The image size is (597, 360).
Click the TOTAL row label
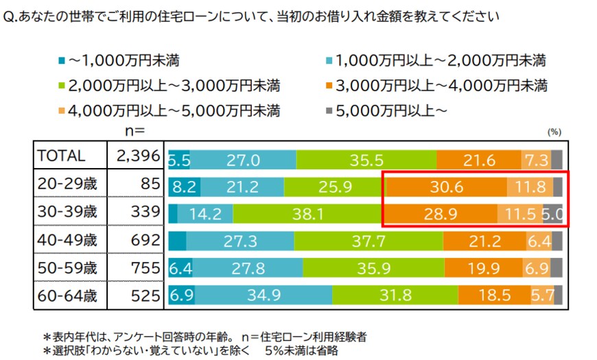[x=61, y=157]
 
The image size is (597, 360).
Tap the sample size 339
[x=145, y=213]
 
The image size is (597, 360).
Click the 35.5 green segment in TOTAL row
[x=366, y=159]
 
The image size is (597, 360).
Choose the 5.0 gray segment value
[x=553, y=214]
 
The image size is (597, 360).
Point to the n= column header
[x=132, y=128]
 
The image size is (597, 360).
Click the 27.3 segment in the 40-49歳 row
[x=240, y=241]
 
